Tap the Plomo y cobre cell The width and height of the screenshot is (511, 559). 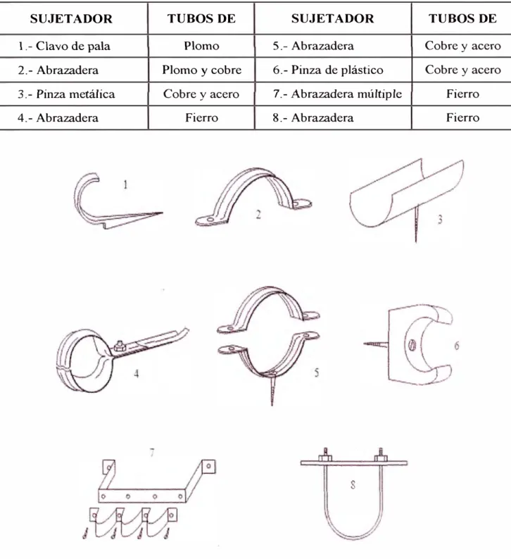202,70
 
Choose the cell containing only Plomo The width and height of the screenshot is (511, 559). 202,46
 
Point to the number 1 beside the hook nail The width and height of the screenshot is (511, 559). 125,184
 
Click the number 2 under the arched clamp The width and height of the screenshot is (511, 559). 258,214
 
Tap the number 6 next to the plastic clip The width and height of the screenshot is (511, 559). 457,345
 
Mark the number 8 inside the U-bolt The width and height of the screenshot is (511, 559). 353,484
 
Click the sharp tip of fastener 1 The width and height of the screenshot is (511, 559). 162,213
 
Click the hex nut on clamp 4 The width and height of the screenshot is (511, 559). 120,346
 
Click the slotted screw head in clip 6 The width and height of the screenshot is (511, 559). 410,345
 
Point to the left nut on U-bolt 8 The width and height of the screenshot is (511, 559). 325,458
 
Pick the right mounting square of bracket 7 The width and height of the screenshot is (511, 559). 208,467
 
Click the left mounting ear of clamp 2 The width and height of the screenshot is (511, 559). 208,220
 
